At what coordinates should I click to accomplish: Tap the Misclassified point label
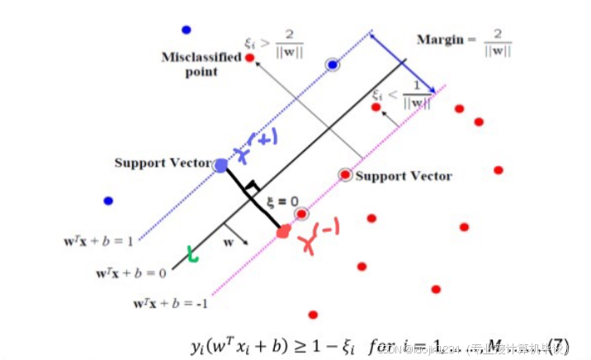201,64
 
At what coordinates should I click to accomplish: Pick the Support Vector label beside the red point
404,176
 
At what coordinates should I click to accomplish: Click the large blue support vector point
220,165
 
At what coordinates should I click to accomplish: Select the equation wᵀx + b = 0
130,272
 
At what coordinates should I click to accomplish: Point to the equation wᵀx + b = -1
171,303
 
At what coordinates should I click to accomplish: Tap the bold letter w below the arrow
229,243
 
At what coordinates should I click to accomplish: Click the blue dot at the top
187,30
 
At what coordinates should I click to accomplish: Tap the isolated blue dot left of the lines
108,201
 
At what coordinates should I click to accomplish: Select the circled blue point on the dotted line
332,64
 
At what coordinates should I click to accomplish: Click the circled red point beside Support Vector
345,175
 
